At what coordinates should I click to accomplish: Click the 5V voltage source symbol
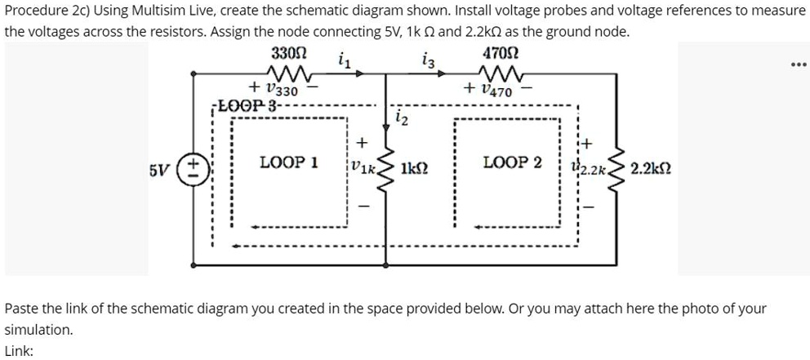pos(194,171)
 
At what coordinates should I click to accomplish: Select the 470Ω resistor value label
pos(500,56)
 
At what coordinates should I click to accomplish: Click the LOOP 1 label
pos(288,162)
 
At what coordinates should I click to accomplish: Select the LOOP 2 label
pos(513,162)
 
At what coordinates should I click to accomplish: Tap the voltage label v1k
pos(362,171)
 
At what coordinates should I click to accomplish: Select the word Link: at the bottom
pos(19,350)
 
